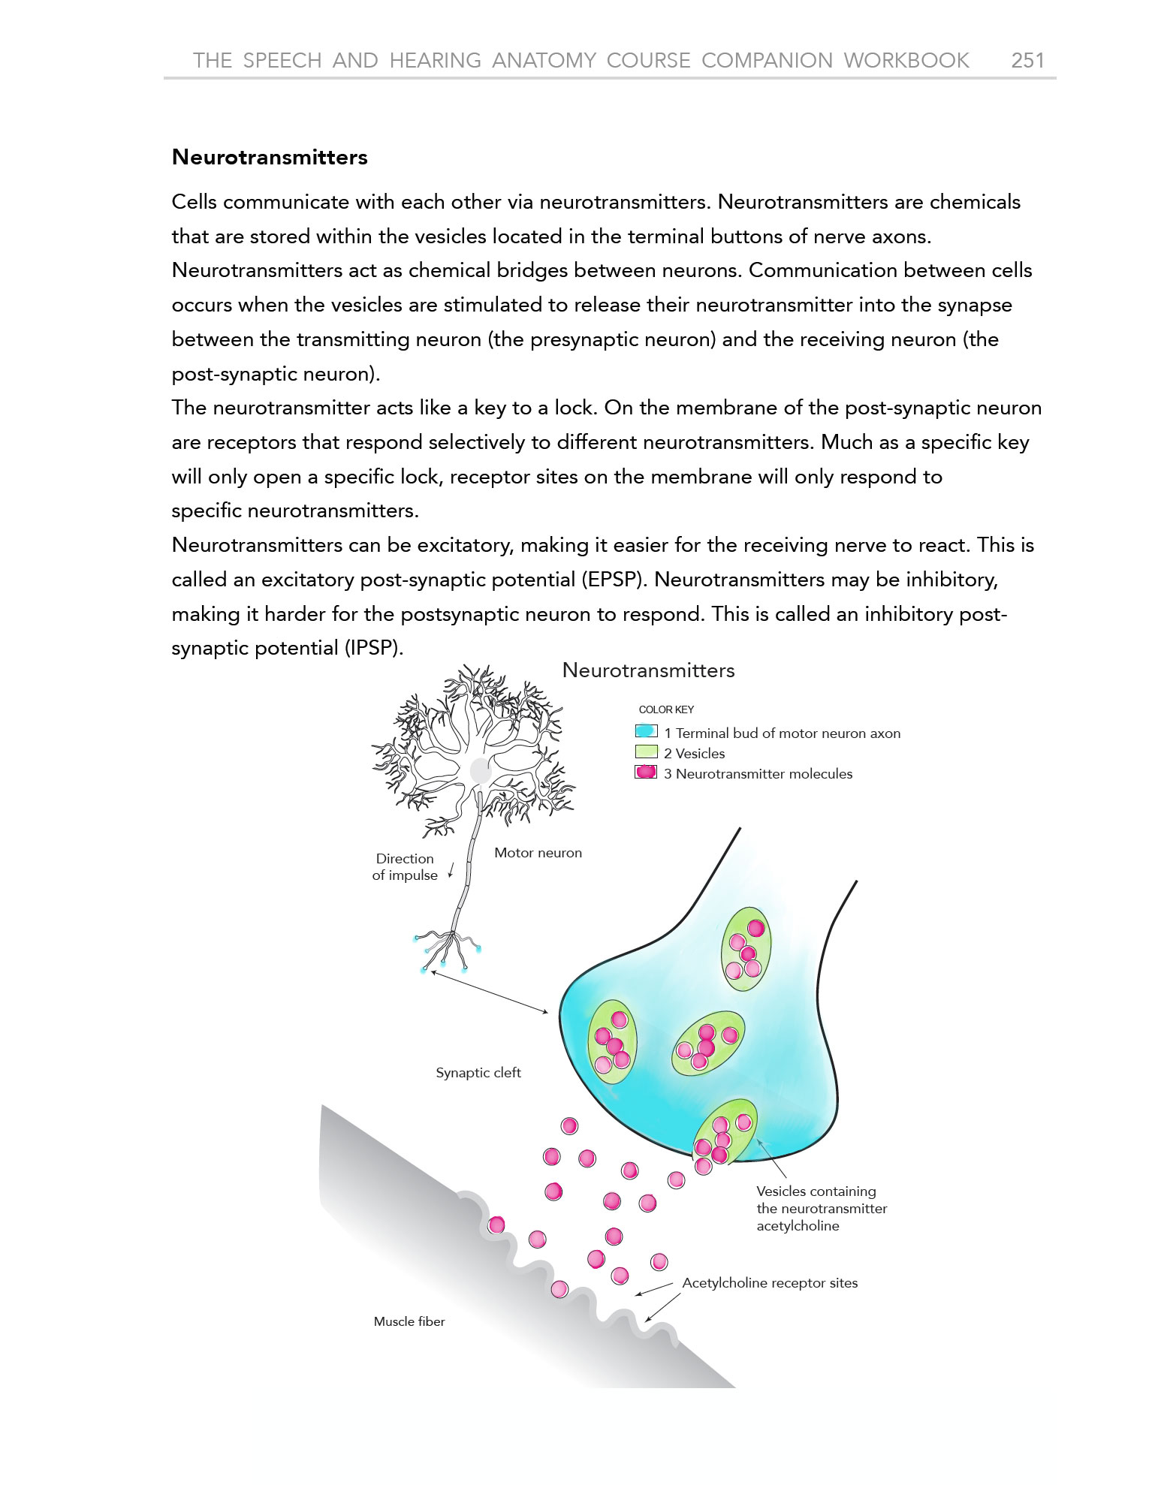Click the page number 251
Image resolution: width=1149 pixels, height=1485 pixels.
[1027, 60]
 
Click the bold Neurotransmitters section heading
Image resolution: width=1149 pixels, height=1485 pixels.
[270, 157]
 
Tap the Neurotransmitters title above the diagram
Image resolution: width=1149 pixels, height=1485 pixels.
[648, 670]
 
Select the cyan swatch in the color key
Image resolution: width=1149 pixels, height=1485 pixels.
[646, 732]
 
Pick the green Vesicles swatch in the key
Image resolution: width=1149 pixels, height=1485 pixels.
[646, 752]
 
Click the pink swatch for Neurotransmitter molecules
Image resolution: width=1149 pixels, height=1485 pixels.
[646, 773]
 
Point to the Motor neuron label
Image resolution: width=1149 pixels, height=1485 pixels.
[538, 853]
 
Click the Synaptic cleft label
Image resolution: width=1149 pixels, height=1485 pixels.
[478, 1073]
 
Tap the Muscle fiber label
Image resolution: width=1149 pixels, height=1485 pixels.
[409, 1321]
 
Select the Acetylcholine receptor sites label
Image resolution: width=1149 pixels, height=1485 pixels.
[770, 1283]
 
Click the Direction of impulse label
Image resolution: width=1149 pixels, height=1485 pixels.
[405, 866]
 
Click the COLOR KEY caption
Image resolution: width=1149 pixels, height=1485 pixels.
[666, 709]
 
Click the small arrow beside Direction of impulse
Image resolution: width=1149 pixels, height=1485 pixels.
[451, 869]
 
